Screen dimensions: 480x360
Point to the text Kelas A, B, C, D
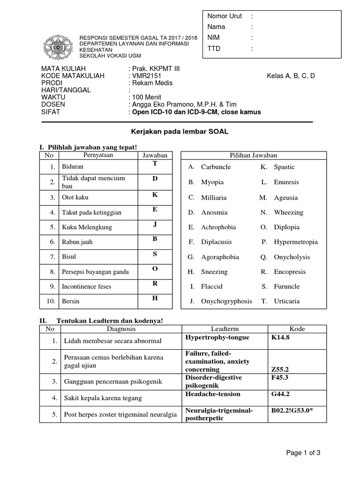tap(291, 76)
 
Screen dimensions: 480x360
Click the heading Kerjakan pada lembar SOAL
tap(179, 132)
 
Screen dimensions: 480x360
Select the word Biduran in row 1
tap(73, 166)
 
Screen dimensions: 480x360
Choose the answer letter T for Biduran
tap(155, 163)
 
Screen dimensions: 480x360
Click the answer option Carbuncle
tap(216, 167)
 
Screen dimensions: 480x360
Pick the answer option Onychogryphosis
tap(226, 301)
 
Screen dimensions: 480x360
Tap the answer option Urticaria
tap(287, 301)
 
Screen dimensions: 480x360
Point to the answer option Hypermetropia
tap(296, 242)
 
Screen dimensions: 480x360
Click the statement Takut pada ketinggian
tap(91, 212)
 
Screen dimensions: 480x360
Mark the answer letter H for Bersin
tap(155, 298)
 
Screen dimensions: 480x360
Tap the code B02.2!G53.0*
tap(292, 411)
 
